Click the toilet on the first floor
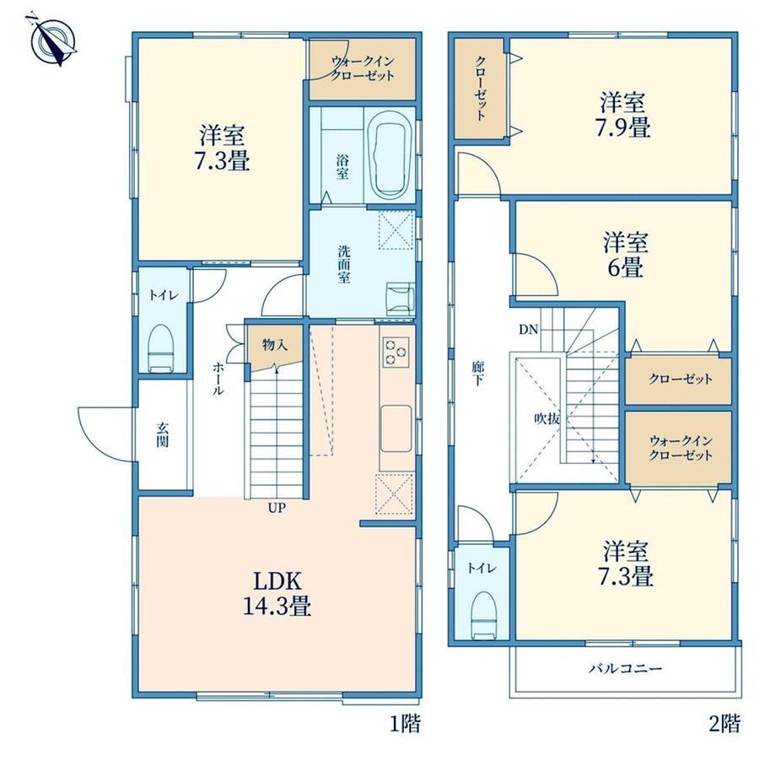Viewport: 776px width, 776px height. (161, 348)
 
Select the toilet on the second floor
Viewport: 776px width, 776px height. (484, 615)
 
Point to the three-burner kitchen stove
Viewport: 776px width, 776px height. (396, 352)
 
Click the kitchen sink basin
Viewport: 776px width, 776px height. (396, 428)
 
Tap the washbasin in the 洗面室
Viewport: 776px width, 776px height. (400, 299)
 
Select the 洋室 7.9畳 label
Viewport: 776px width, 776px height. (624, 115)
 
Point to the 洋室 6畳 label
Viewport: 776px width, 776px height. (625, 255)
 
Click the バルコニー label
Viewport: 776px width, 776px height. (625, 669)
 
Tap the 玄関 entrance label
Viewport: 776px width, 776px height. (162, 434)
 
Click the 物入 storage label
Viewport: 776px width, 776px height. (275, 344)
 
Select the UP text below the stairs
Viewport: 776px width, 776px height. (277, 508)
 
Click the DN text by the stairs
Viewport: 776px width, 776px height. (528, 330)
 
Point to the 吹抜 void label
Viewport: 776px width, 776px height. (547, 418)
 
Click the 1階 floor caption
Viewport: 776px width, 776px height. (406, 724)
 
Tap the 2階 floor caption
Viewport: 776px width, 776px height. (725, 724)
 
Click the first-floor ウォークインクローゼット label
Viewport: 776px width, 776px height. (362, 69)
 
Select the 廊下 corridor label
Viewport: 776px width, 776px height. (477, 374)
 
